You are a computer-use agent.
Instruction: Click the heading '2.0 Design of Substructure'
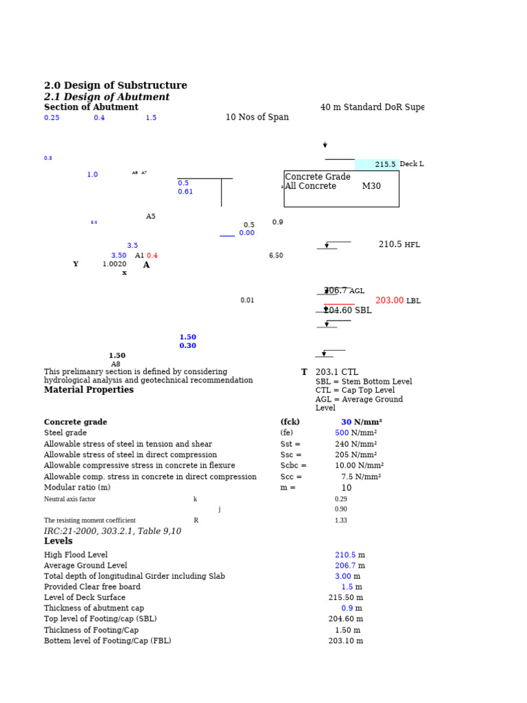[x=115, y=86]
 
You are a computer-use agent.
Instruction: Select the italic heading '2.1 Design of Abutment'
[x=106, y=97]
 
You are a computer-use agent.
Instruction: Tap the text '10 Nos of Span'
[x=257, y=117]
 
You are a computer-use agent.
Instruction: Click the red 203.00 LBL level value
[x=389, y=301]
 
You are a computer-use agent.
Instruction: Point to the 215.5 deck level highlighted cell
[x=384, y=165]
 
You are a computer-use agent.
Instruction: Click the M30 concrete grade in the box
[x=371, y=186]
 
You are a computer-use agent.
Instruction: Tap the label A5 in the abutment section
[x=150, y=217]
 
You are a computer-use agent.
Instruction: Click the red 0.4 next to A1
[x=152, y=255]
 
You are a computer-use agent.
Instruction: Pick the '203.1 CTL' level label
[x=336, y=372]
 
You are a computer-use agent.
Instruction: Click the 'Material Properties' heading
[x=89, y=390]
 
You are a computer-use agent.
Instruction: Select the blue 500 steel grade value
[x=342, y=433]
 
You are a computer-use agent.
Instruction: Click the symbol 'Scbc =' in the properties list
[x=293, y=465]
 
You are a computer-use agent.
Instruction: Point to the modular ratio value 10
[x=347, y=488]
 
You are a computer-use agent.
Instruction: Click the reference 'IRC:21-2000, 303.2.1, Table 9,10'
[x=113, y=531]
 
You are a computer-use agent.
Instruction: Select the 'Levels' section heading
[x=58, y=541]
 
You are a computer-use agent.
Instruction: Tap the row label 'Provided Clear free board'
[x=92, y=587]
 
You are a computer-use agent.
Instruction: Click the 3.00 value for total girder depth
[x=342, y=576]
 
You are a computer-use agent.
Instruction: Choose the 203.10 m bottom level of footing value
[x=345, y=641]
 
